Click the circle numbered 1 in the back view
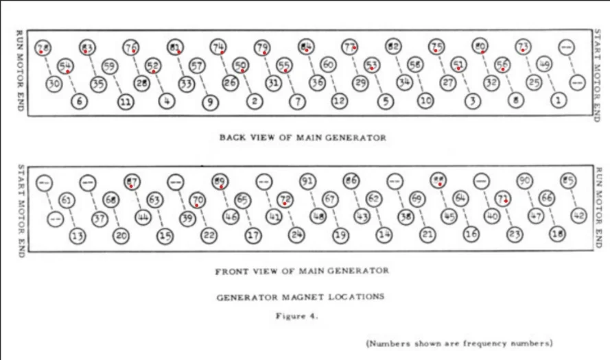click(559, 100)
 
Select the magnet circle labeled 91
click(307, 181)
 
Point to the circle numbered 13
click(78, 235)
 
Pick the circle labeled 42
click(579, 215)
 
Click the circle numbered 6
click(80, 101)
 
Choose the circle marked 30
click(55, 84)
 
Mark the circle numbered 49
click(544, 65)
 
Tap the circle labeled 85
click(567, 181)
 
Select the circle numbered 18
click(557, 235)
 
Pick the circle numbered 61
click(67, 200)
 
